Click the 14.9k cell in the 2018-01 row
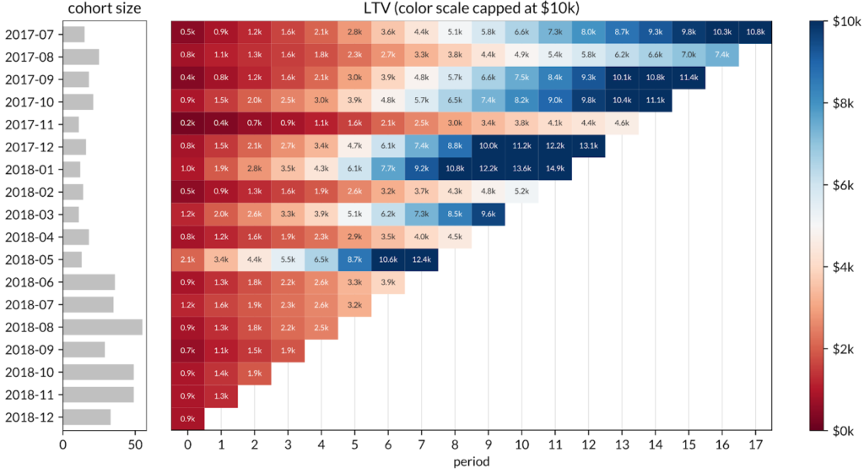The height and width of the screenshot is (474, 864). tap(554, 169)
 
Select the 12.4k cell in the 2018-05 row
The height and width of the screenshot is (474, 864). tap(421, 259)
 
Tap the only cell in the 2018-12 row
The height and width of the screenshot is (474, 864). tap(187, 417)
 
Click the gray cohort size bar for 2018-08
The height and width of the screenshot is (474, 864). tap(102, 327)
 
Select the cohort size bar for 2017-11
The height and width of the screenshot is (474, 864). tap(71, 124)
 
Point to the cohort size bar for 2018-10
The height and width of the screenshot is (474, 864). tap(98, 373)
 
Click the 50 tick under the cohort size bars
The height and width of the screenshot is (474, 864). tap(134, 444)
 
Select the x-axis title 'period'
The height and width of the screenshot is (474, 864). tap(471, 462)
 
